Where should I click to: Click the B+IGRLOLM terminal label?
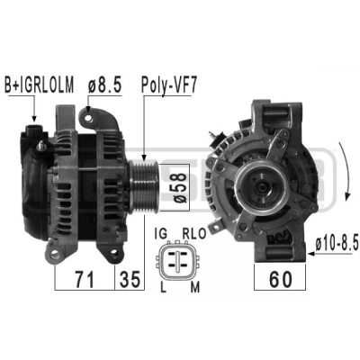(40, 85)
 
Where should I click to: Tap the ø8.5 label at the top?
(105, 85)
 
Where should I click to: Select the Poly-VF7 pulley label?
(169, 85)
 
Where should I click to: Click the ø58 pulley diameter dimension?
(180, 187)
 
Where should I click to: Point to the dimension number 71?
(85, 279)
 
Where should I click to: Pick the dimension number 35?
(130, 279)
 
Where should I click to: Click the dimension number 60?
(280, 279)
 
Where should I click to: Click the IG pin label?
(160, 234)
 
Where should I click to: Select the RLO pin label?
(194, 234)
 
